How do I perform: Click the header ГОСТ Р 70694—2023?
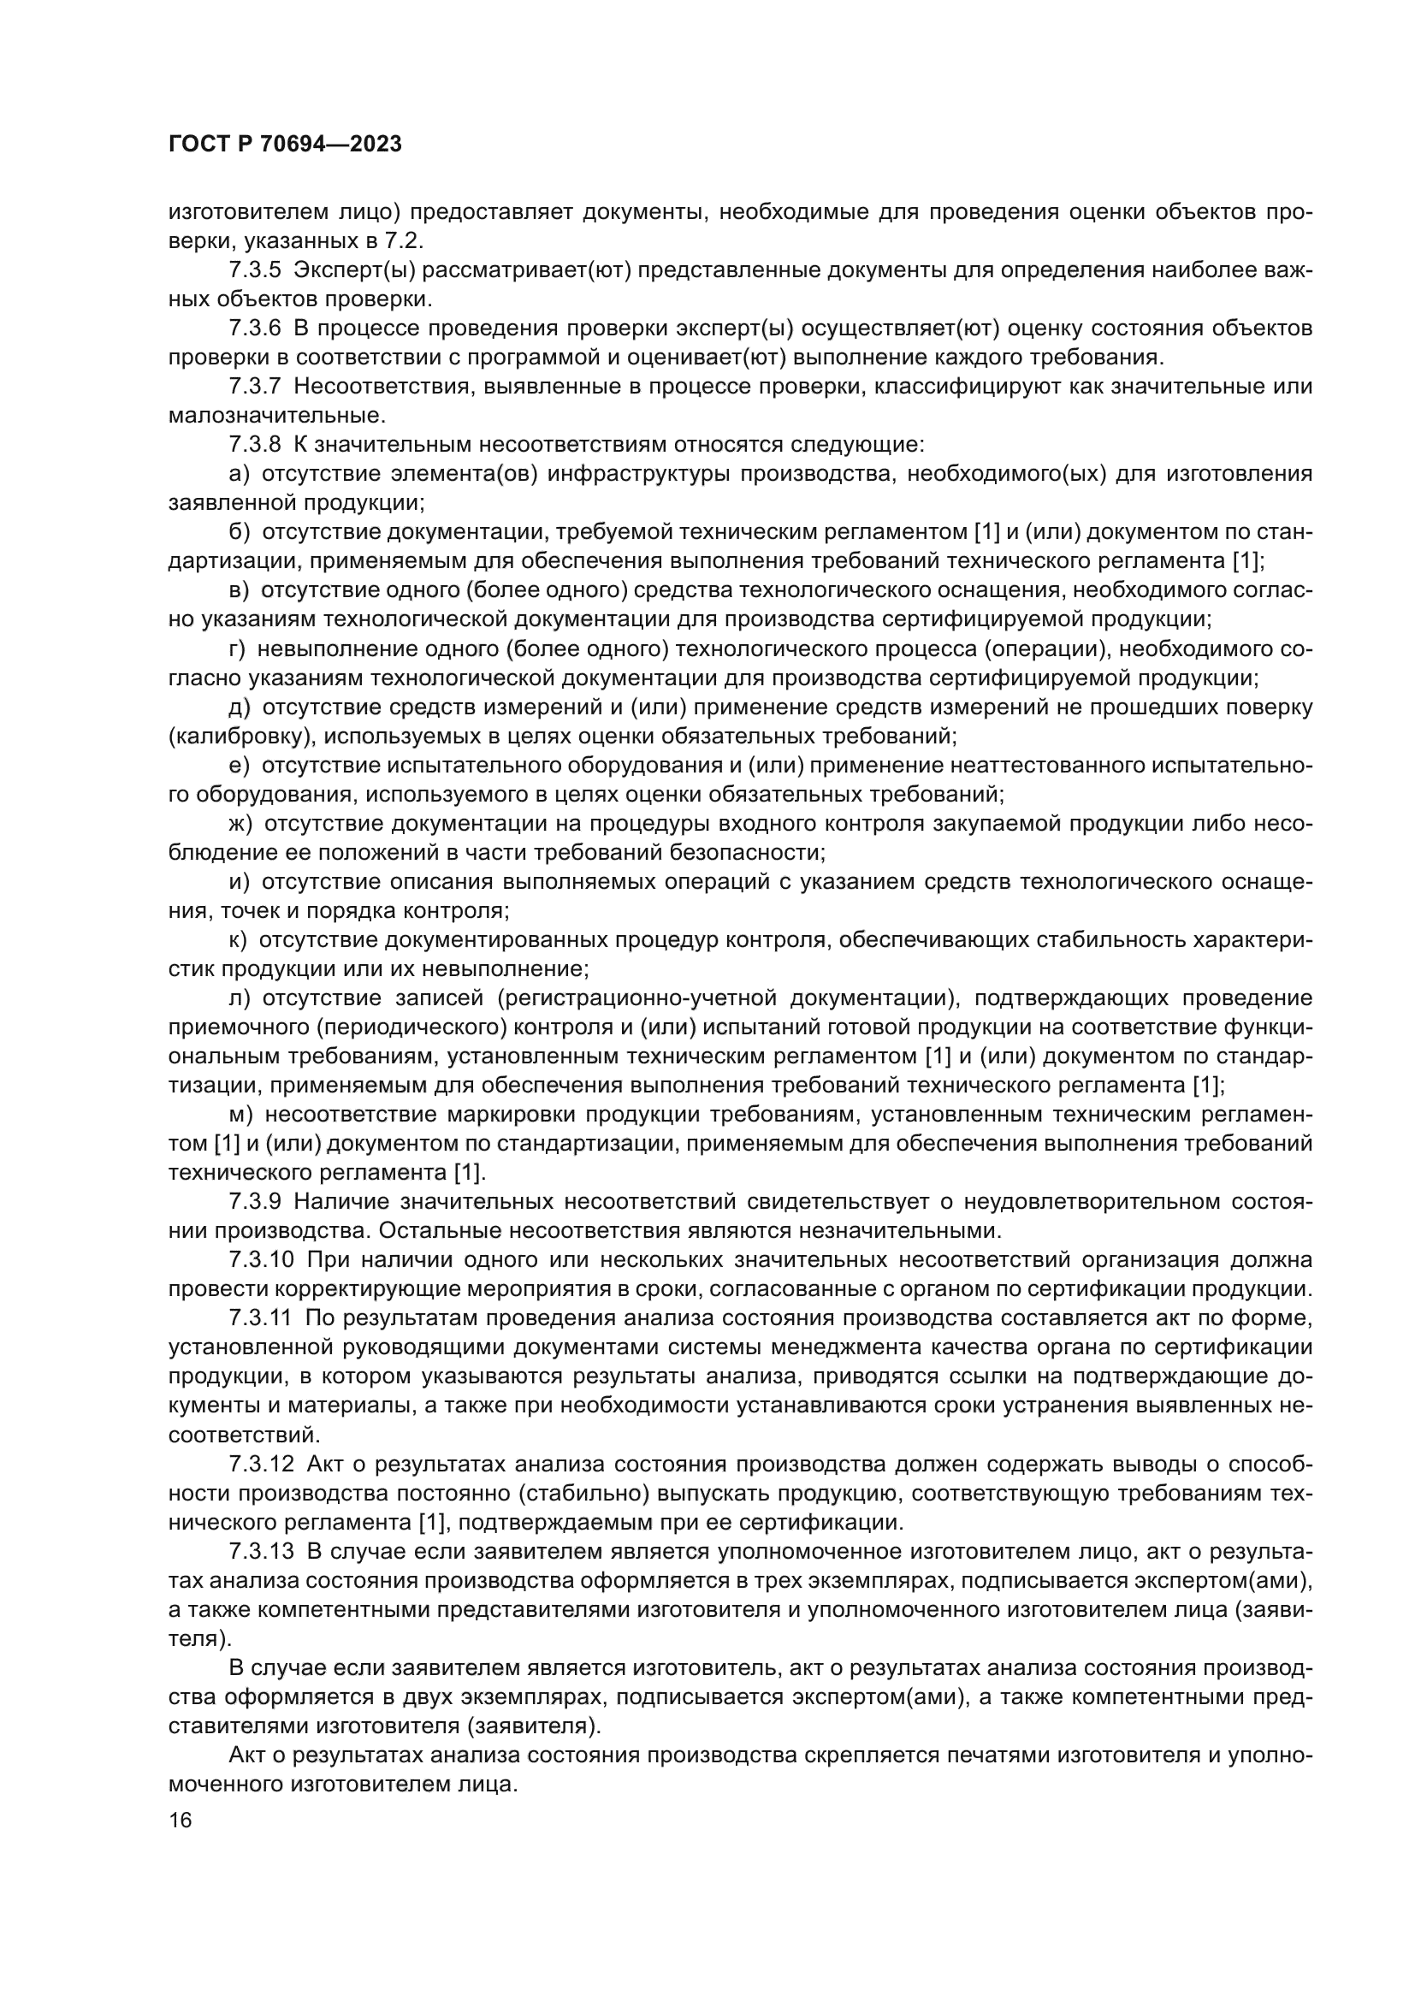(x=285, y=145)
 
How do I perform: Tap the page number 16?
(x=180, y=1820)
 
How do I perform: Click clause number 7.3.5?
(x=255, y=270)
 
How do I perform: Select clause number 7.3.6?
(x=255, y=329)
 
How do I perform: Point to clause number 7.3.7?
(x=255, y=386)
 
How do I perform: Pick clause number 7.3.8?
(x=255, y=445)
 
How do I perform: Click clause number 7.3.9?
(x=255, y=1202)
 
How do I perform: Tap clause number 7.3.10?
(x=263, y=1260)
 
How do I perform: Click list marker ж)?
(x=240, y=824)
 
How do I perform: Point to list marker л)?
(x=240, y=998)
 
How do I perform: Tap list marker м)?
(x=240, y=1115)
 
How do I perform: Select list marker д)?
(x=240, y=707)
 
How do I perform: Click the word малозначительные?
(x=276, y=416)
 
